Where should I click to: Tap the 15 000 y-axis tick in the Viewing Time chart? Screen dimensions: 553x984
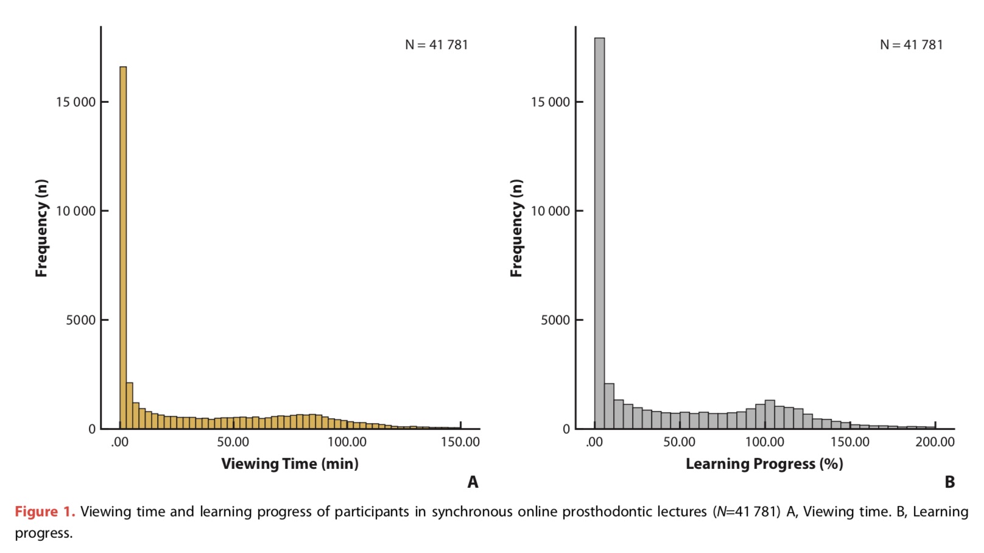[x=76, y=102]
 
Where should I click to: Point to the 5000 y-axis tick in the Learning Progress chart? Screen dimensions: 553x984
[x=555, y=320]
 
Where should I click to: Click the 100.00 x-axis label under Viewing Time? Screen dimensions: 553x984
[x=347, y=442]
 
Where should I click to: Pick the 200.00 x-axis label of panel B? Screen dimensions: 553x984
[x=935, y=442]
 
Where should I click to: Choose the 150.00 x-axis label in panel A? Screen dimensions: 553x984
[x=460, y=442]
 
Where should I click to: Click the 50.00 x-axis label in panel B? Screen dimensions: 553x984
[x=679, y=442]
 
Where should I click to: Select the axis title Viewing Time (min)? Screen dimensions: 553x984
[x=290, y=464]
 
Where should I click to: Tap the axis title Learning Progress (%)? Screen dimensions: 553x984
[x=764, y=464]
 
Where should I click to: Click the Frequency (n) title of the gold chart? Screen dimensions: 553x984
[x=41, y=228]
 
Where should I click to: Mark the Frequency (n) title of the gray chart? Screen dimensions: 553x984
[x=516, y=228]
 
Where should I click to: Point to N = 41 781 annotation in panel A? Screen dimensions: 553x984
[x=437, y=45]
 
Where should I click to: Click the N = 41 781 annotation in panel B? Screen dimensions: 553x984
[x=911, y=45]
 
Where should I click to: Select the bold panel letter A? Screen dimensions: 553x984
[x=473, y=482]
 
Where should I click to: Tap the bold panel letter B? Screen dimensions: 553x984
[x=949, y=482]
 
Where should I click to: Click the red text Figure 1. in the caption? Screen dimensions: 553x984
[x=45, y=512]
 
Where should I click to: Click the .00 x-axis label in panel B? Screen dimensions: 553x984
[x=594, y=442]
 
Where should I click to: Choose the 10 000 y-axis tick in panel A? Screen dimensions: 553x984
[x=76, y=211]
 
